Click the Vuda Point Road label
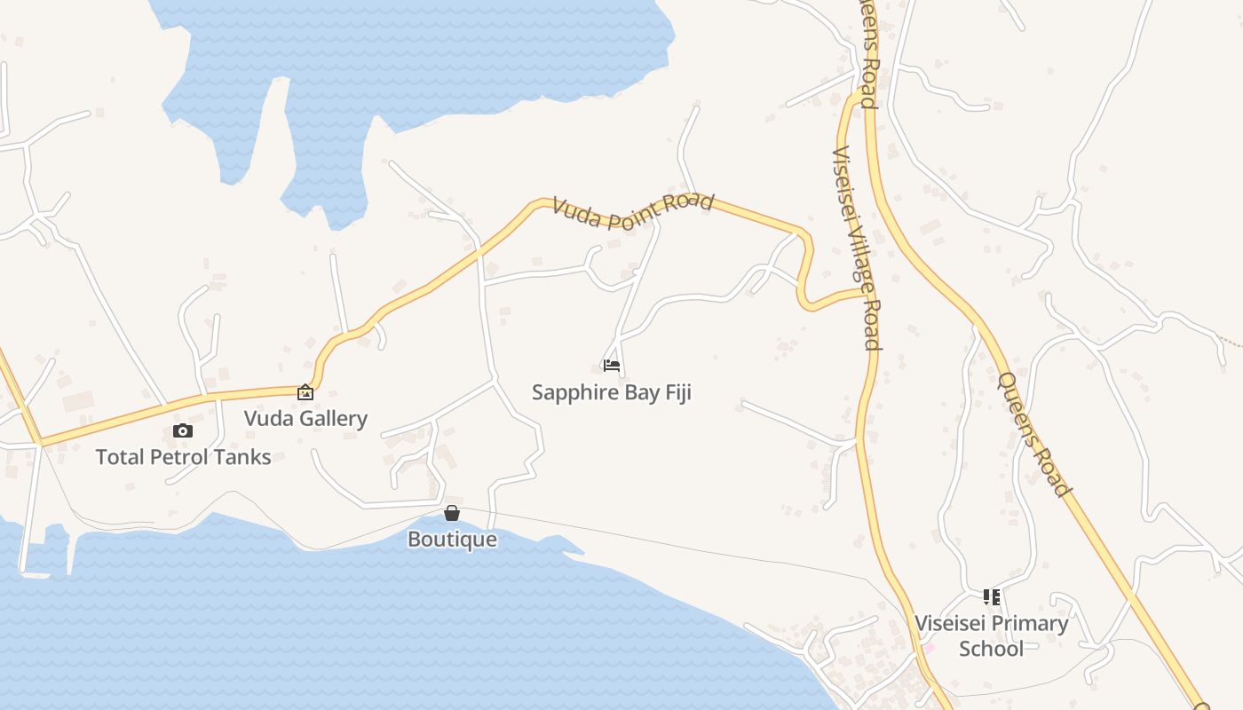click(632, 210)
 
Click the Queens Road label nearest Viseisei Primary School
click(1034, 434)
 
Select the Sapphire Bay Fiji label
click(611, 392)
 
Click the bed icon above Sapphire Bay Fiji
click(611, 365)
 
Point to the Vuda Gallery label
click(305, 418)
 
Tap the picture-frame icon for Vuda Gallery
click(305, 391)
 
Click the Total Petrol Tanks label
click(183, 457)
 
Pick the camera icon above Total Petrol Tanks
click(183, 431)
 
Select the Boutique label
click(452, 539)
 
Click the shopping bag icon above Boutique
click(452, 513)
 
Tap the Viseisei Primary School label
click(992, 635)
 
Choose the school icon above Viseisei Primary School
click(992, 597)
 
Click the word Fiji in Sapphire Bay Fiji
click(674, 392)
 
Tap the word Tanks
click(243, 457)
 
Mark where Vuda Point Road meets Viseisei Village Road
click(864, 290)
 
